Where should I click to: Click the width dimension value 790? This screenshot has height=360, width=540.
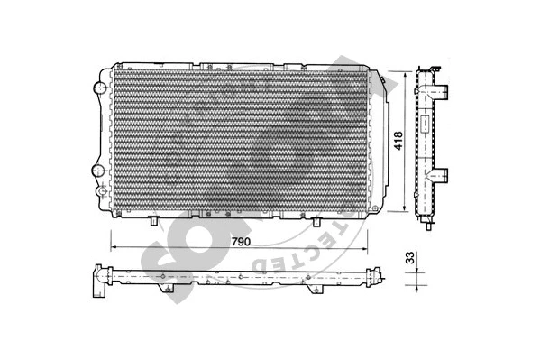tap(239, 242)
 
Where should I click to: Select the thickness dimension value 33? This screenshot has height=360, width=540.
tap(410, 259)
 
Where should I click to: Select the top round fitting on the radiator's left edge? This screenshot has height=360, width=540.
tap(98, 88)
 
